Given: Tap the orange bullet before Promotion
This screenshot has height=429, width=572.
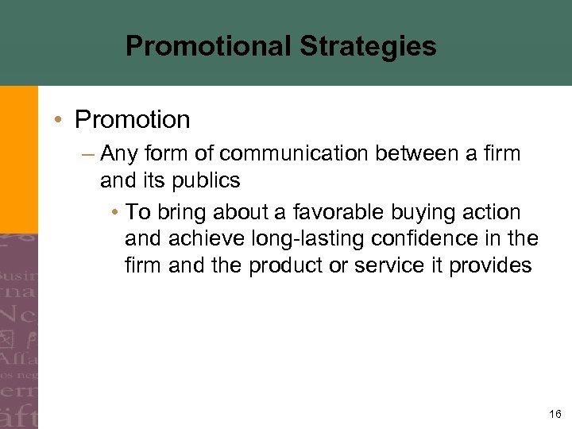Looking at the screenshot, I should click(x=59, y=120).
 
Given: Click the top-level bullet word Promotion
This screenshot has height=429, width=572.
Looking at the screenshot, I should click(x=132, y=120).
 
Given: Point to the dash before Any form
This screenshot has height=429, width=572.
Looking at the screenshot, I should click(x=89, y=153).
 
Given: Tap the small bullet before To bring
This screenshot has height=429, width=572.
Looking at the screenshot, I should click(x=115, y=213).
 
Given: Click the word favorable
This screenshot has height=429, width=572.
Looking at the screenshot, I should click(x=337, y=213).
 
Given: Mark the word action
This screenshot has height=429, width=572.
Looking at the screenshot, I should click(x=491, y=213).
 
